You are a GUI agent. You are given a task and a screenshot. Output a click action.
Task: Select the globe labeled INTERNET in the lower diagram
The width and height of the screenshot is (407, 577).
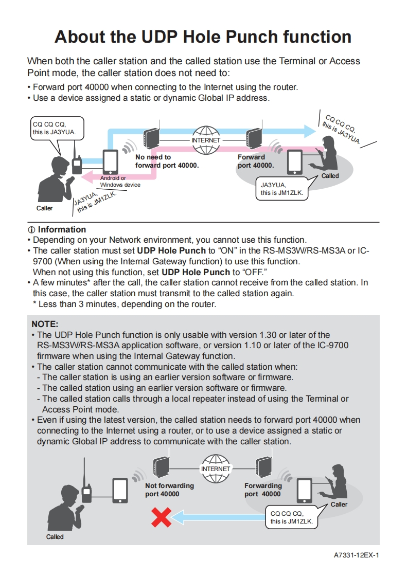[216, 468]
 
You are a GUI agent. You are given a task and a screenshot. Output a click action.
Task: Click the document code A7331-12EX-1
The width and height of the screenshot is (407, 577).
[356, 555]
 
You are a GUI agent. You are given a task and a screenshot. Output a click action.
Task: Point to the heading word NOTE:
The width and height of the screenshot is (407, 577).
[45, 324]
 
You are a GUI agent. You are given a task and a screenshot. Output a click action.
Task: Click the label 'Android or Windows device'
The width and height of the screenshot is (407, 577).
[120, 181]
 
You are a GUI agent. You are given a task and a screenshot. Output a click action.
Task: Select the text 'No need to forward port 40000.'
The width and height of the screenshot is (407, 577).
[167, 161]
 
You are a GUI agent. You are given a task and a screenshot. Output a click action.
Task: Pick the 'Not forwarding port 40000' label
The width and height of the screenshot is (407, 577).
[169, 490]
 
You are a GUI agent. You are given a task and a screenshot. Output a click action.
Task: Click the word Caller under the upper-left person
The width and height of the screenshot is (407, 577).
[44, 208]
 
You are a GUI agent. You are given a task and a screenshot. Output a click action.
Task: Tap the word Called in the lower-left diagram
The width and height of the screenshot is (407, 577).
[55, 536]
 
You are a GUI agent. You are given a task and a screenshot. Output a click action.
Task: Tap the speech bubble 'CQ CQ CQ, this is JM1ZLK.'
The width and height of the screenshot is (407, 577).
[291, 517]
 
